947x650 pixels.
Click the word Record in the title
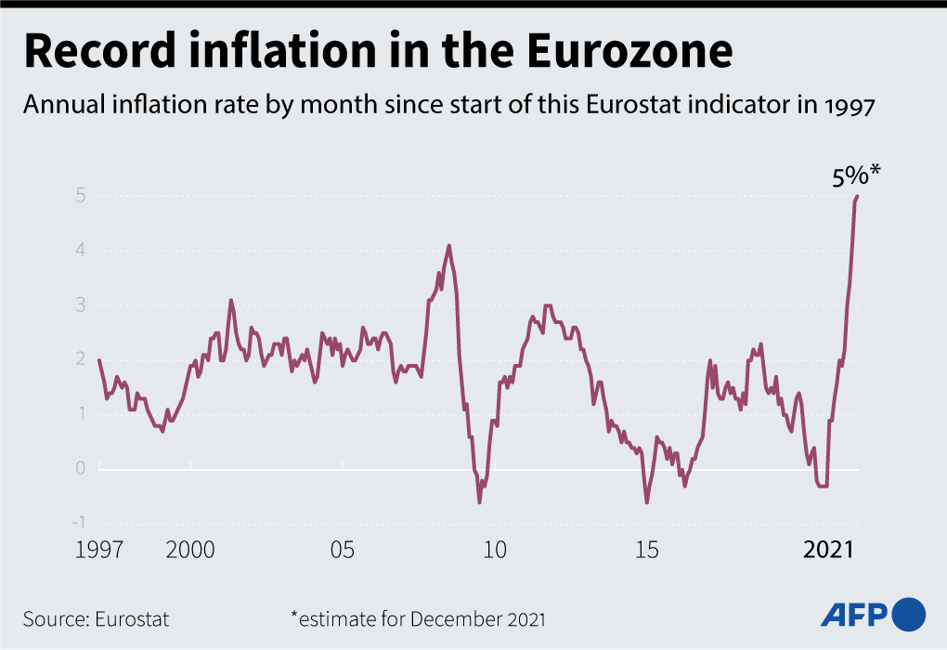point(100,51)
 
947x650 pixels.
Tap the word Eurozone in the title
point(629,51)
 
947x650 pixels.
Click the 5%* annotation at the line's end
point(856,175)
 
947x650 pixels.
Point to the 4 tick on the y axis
point(81,250)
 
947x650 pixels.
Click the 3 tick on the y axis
point(81,305)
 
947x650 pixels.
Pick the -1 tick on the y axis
point(79,523)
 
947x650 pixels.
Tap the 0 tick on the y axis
point(81,468)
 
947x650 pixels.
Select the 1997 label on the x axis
point(99,550)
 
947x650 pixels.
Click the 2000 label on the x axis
point(190,550)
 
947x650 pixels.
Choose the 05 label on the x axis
point(343,550)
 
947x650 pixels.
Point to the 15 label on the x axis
point(647,550)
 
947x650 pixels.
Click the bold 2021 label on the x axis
point(828,550)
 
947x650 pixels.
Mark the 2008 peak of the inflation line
point(448,245)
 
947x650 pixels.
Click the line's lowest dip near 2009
point(480,502)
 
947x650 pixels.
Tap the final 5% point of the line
point(858,196)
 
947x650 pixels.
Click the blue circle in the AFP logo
point(908,615)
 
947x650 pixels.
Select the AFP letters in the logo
point(853,615)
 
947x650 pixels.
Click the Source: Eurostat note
point(96,619)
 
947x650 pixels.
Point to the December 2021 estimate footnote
point(419,619)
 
